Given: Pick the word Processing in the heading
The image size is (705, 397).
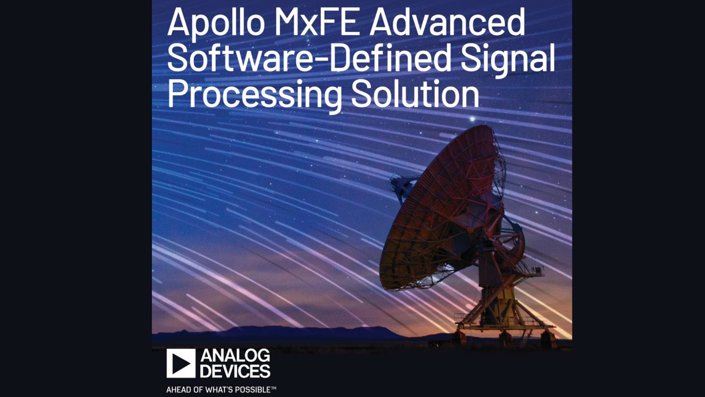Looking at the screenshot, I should coord(254,95).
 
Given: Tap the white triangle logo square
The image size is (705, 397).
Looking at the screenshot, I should coord(181,363).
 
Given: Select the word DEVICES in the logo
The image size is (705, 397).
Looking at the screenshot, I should coord(235,371).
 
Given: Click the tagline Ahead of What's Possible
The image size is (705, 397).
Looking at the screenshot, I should coord(221,389).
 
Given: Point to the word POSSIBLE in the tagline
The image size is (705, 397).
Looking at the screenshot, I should coord(254,389).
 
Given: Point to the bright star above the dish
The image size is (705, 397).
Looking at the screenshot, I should coord(472,119).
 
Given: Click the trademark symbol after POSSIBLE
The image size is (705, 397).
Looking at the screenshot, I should coord(273,388).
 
